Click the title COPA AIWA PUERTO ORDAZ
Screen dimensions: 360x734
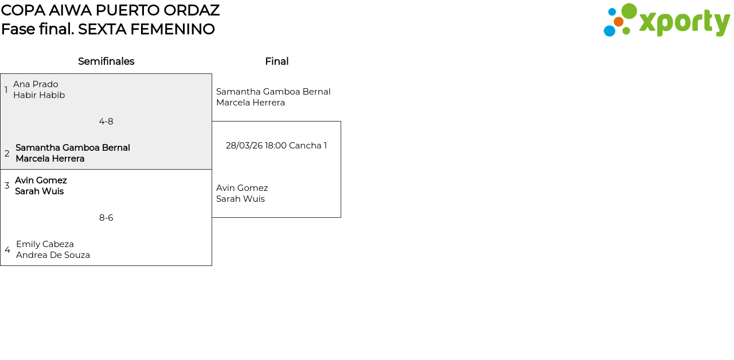[x=110, y=10]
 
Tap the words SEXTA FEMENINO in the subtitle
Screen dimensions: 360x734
[x=146, y=29]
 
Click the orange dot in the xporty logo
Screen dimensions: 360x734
[x=618, y=22]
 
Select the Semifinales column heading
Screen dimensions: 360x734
[x=106, y=61]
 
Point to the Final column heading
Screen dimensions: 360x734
[x=276, y=61]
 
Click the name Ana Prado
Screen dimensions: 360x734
[x=36, y=84]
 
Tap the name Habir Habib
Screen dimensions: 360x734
[x=39, y=95]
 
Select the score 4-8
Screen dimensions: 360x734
[x=106, y=122]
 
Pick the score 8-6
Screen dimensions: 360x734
[x=106, y=218]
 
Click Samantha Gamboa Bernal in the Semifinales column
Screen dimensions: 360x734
[x=73, y=148]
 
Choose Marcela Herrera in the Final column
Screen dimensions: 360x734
[x=251, y=103]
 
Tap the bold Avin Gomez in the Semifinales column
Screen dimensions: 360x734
[x=41, y=181]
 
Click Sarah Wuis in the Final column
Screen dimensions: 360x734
[x=240, y=199]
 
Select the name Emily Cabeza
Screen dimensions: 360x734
[x=45, y=244]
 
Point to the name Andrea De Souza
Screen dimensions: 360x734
[x=53, y=255]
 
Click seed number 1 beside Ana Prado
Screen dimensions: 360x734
[x=6, y=90]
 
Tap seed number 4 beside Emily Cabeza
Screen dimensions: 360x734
[x=7, y=250]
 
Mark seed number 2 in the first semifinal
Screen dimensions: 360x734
[x=7, y=154]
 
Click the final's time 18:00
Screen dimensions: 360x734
[x=275, y=146]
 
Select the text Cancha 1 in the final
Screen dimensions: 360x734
[x=308, y=146]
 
